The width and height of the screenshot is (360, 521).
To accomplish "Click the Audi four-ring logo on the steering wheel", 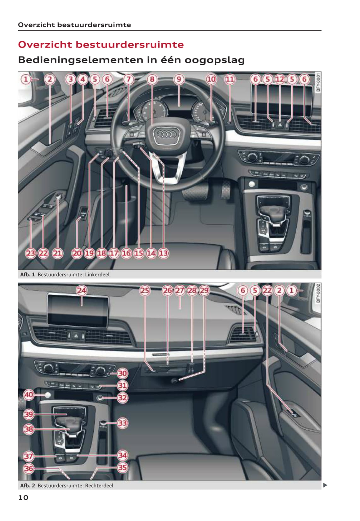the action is pyautogui.click(x=166, y=134).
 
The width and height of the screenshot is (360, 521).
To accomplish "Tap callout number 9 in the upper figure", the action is pyautogui.click(x=179, y=79).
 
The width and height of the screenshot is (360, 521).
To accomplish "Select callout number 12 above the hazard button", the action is pyautogui.click(x=280, y=79).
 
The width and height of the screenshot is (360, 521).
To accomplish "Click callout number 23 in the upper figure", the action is pyautogui.click(x=31, y=253).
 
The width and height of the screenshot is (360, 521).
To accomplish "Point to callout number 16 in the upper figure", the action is pyautogui.click(x=126, y=253).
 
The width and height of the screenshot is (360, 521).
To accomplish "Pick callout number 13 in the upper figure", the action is pyautogui.click(x=163, y=253).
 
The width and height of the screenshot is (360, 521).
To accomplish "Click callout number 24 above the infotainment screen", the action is pyautogui.click(x=81, y=290).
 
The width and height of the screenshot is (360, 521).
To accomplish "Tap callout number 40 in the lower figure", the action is pyautogui.click(x=29, y=395).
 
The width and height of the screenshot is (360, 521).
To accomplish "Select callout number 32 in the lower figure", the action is pyautogui.click(x=122, y=398).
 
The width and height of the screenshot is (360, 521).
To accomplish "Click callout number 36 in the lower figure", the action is pyautogui.click(x=29, y=468).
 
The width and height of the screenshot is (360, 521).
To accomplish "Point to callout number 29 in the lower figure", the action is pyautogui.click(x=204, y=290).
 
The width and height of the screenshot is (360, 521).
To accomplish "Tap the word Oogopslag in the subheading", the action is pyautogui.click(x=214, y=60).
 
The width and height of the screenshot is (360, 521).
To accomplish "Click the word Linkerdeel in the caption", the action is pyautogui.click(x=97, y=274).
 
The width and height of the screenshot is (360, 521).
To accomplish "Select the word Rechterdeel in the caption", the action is pyautogui.click(x=99, y=486).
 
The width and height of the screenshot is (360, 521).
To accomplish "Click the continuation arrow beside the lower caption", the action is pyautogui.click(x=325, y=485).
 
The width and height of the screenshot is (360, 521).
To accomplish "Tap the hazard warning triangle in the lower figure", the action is pyautogui.click(x=76, y=336).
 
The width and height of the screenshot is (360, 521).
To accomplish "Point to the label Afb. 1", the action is pyautogui.click(x=27, y=274).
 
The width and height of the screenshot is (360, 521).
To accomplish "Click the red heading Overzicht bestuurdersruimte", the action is pyautogui.click(x=101, y=44).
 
